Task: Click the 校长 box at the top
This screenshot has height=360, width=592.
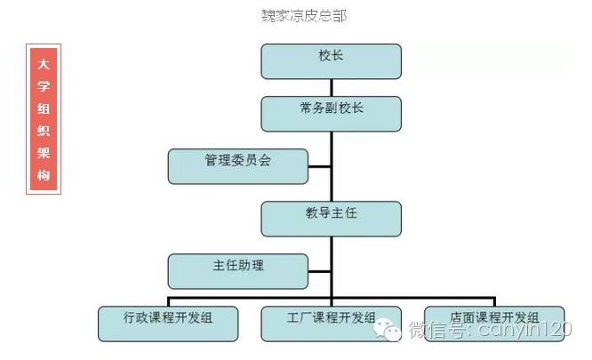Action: tap(331, 60)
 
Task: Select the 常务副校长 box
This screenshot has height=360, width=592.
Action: tap(331, 113)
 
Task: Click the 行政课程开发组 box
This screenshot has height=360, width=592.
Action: tap(168, 323)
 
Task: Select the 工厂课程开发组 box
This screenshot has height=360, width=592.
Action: tap(331, 323)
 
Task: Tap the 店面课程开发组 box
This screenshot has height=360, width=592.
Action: tap(494, 323)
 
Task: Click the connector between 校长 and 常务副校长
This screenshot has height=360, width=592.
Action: tap(332, 86)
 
